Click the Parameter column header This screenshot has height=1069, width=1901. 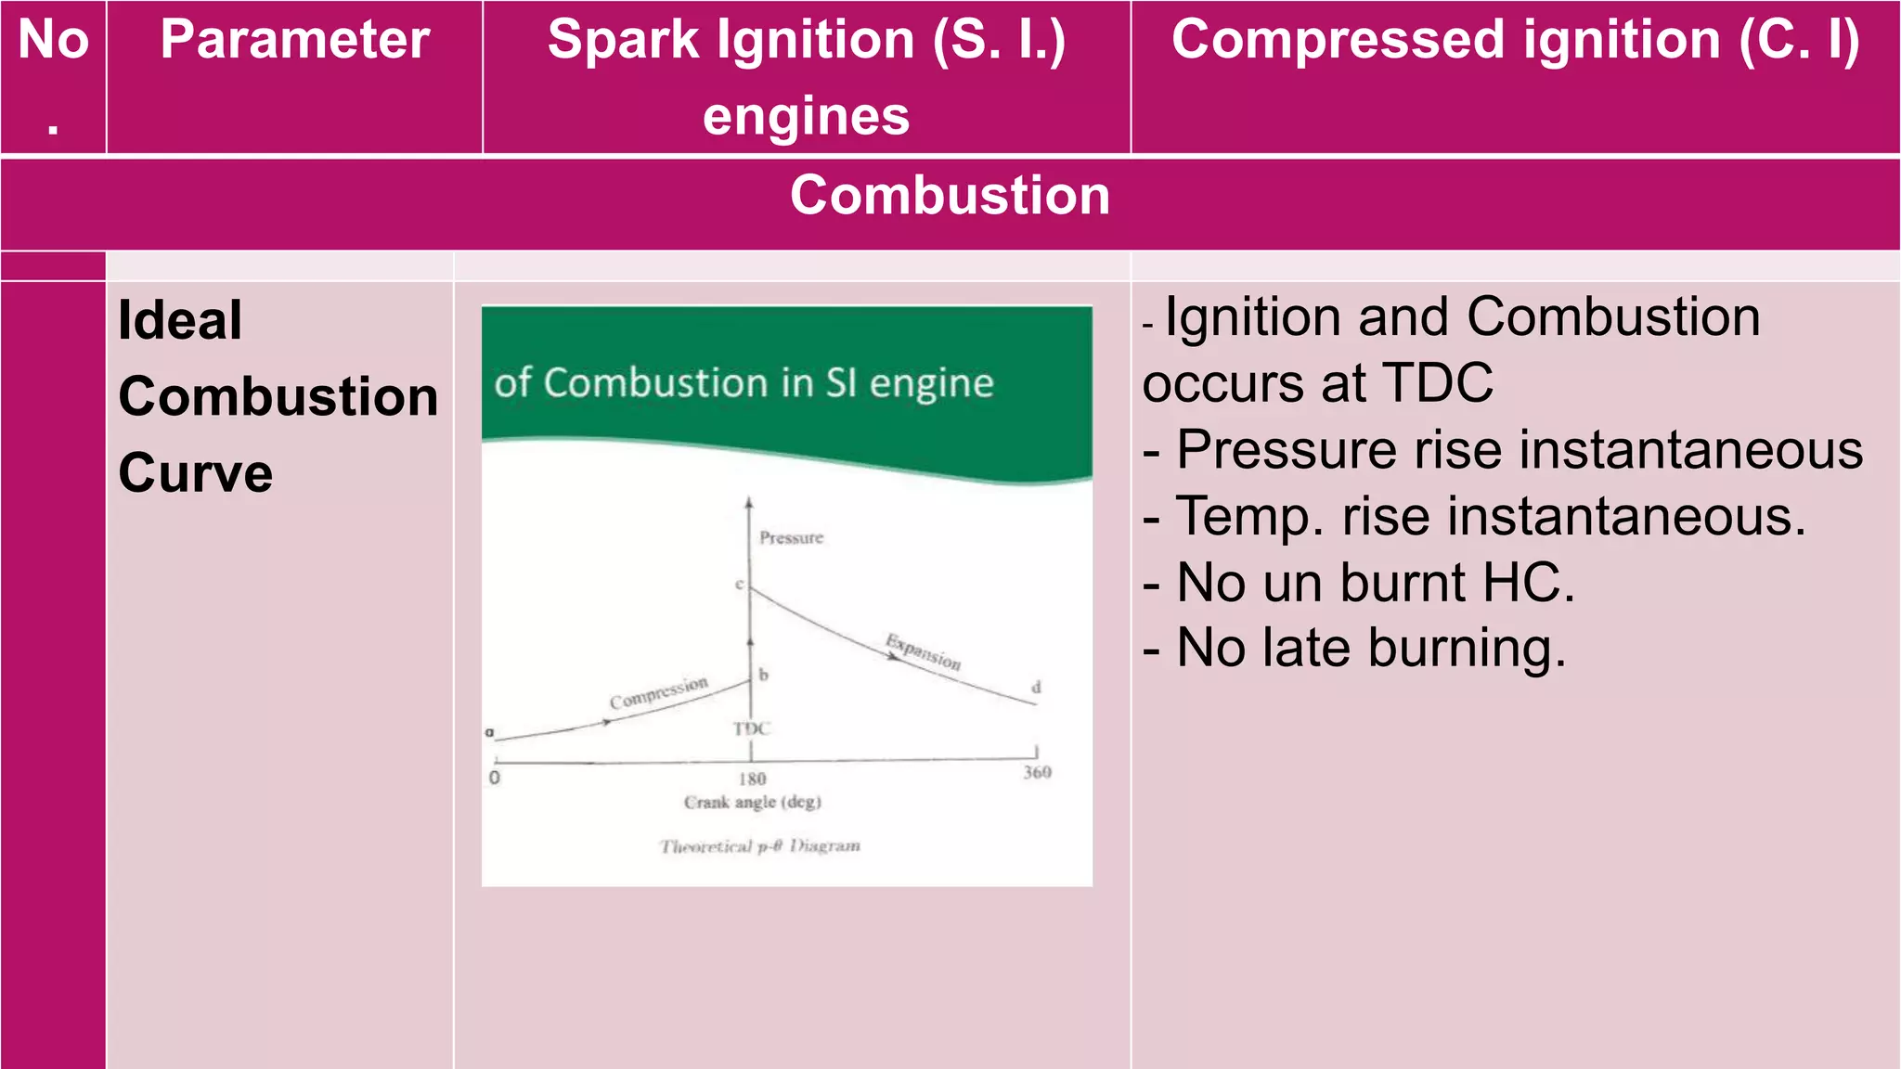pyautogui.click(x=294, y=40)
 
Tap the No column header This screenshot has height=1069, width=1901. pyautogui.click(x=54, y=42)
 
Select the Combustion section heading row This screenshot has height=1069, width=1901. pyautogui.click(x=950, y=196)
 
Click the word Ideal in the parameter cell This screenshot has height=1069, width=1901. pyautogui.click(x=180, y=321)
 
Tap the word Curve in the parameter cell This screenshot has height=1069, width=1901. pyautogui.click(x=196, y=473)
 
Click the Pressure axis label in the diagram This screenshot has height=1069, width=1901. pyautogui.click(x=791, y=538)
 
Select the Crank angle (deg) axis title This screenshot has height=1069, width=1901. pyautogui.click(x=752, y=802)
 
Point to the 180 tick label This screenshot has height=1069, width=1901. pyautogui.click(x=752, y=779)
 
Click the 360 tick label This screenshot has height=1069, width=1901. pyautogui.click(x=1037, y=772)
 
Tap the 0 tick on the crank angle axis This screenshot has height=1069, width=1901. pyautogui.click(x=495, y=778)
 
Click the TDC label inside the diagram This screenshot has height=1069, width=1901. pyautogui.click(x=751, y=728)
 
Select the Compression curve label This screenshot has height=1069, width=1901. pyautogui.click(x=658, y=693)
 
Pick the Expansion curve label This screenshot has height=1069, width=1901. pyautogui.click(x=923, y=651)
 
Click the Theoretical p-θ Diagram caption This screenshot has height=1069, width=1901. pyautogui.click(x=759, y=846)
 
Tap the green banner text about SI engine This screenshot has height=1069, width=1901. pyautogui.click(x=744, y=383)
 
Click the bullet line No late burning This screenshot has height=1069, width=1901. pyautogui.click(x=1355, y=648)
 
